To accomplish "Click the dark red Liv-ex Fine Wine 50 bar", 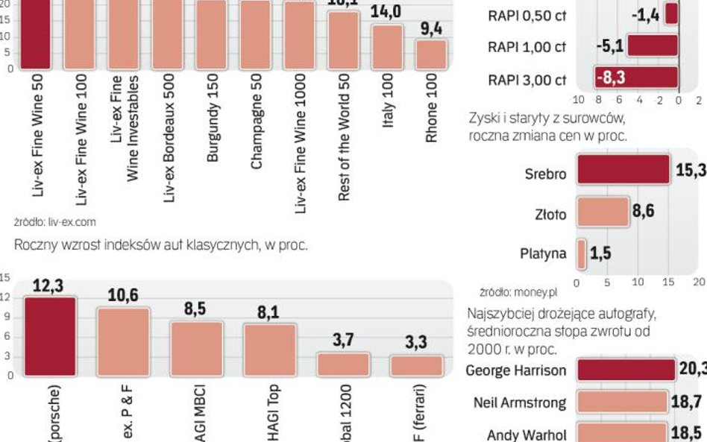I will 34,34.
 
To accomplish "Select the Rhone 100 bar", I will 431,54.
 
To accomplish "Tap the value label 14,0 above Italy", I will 386,12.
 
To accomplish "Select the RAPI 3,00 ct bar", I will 636,78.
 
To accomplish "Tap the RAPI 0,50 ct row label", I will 527,15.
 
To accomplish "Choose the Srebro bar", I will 623,168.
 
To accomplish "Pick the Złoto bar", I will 603,212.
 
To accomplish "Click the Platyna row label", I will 543,253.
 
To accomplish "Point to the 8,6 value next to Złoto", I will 643,212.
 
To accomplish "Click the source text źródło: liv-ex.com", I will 55,221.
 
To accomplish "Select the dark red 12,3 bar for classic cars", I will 49,335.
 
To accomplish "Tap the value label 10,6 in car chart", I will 122,296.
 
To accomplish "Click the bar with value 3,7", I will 342,364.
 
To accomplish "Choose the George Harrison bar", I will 626,370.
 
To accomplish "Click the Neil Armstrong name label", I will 519,403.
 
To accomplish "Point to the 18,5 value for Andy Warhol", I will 684,433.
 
